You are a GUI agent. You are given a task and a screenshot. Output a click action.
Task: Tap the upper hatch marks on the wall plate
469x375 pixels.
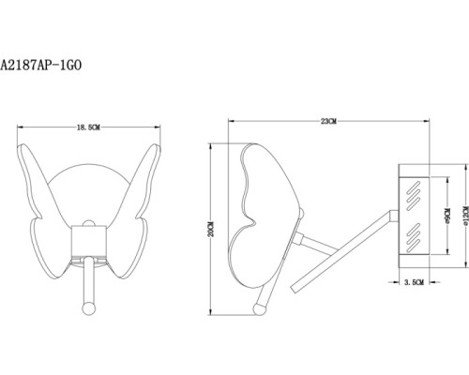coord(413,196)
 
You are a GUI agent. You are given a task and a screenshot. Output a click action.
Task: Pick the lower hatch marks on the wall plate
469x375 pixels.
coord(413,235)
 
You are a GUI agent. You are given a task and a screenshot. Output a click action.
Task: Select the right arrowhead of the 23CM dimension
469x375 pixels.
coord(429,120)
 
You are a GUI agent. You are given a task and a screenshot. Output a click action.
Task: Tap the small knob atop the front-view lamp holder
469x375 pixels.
coord(87,226)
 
